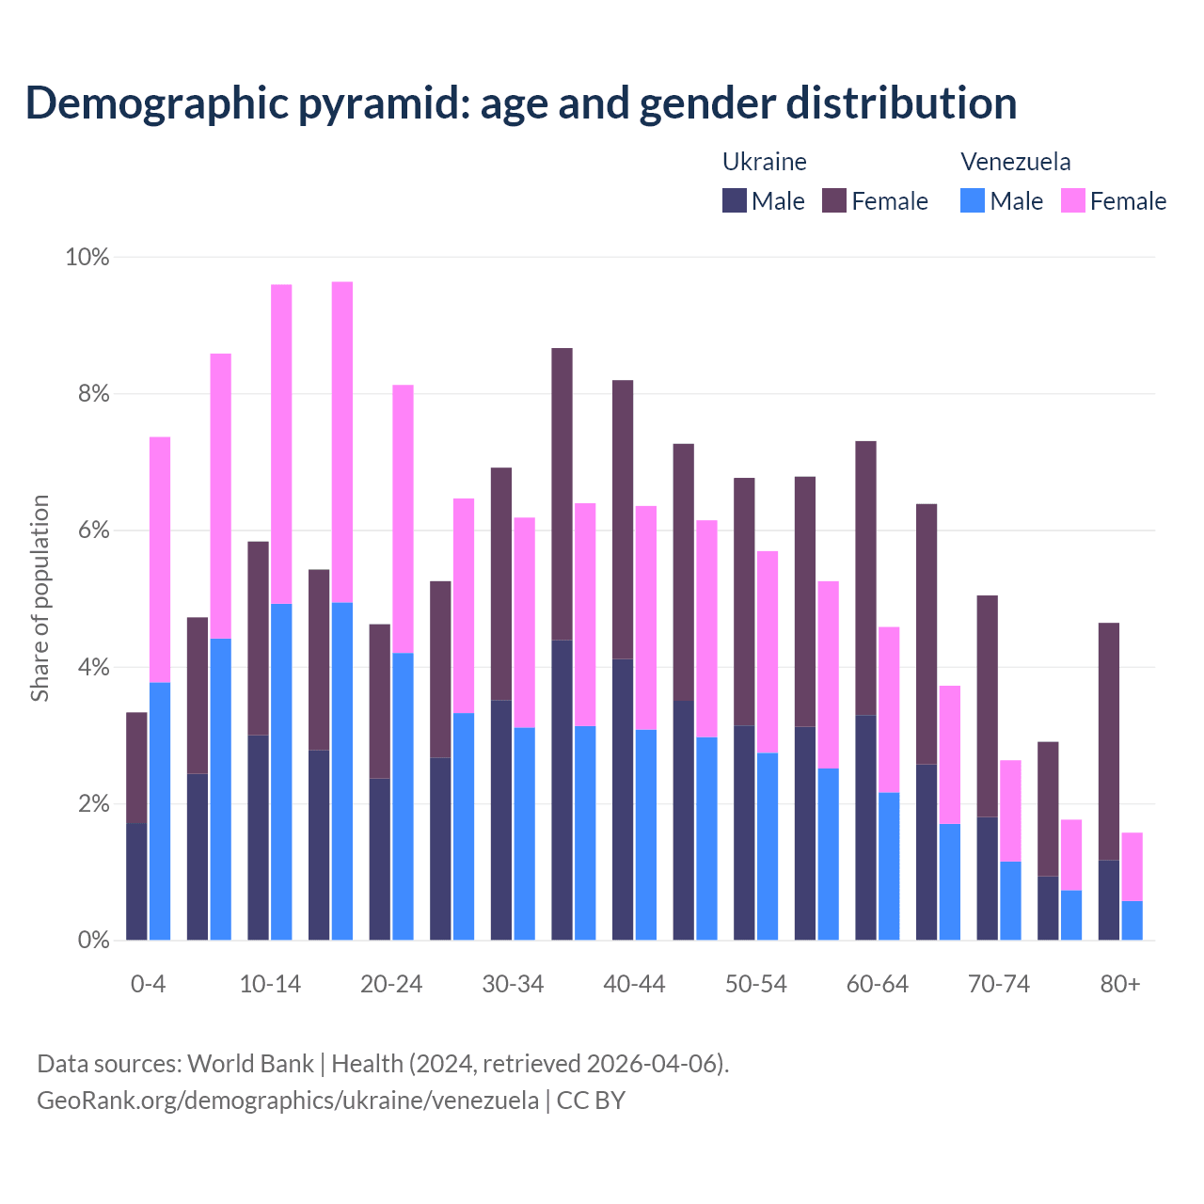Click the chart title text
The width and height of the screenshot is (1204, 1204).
point(520,103)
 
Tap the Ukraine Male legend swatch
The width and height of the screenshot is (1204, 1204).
point(735,200)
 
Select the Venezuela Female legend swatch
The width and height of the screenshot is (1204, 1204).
point(1072,200)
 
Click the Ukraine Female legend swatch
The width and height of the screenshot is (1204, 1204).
point(834,200)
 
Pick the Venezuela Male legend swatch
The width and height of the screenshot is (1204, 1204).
point(973,200)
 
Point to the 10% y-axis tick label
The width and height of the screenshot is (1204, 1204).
point(87,257)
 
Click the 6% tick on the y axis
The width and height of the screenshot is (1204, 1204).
point(93,531)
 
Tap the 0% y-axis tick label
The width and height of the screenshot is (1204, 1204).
point(93,940)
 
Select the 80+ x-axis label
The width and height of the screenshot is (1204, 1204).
point(1120,984)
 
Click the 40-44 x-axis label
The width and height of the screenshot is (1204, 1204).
point(634,984)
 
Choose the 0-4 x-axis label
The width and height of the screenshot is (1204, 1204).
point(148,984)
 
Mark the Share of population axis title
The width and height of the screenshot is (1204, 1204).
point(40,598)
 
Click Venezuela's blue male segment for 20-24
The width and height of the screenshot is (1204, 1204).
point(403,796)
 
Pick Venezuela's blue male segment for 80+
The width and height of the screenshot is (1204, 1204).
point(1133,920)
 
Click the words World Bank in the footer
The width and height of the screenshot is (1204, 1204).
point(250,1064)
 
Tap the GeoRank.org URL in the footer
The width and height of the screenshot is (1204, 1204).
point(288,1100)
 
